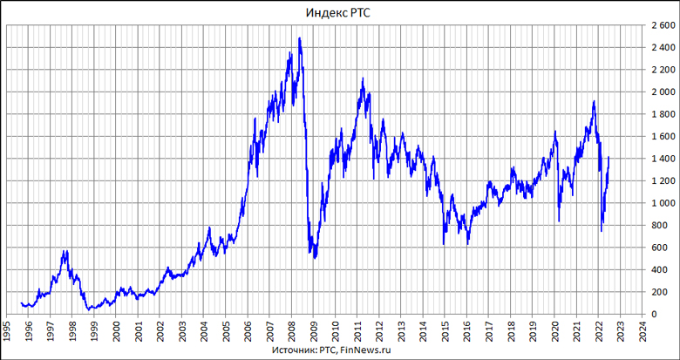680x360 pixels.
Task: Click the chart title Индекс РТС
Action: pyautogui.click(x=338, y=12)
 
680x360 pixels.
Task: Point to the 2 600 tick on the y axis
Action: pyautogui.click(x=660, y=24)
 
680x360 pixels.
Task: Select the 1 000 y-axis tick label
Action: pyautogui.click(x=660, y=203)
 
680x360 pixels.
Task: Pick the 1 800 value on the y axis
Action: pyautogui.click(x=660, y=114)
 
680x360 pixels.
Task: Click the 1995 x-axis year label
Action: pyautogui.click(x=7, y=332)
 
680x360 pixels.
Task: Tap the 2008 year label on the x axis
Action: pyautogui.click(x=293, y=332)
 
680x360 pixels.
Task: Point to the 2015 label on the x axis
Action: pyautogui.click(x=446, y=332)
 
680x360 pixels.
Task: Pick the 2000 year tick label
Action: pyautogui.click(x=117, y=332)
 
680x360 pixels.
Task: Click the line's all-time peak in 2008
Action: pyautogui.click(x=300, y=38)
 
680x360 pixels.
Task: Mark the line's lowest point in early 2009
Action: pyautogui.click(x=314, y=258)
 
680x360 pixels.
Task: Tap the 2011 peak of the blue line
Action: pyautogui.click(x=363, y=79)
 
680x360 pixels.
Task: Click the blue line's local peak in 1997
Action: pyautogui.click(x=64, y=251)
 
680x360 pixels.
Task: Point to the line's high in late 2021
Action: pyautogui.click(x=594, y=102)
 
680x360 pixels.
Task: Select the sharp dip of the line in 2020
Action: pyautogui.click(x=559, y=221)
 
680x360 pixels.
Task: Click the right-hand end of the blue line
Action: pyautogui.click(x=609, y=158)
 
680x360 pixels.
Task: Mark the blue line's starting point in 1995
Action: pyautogui.click(x=20, y=303)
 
